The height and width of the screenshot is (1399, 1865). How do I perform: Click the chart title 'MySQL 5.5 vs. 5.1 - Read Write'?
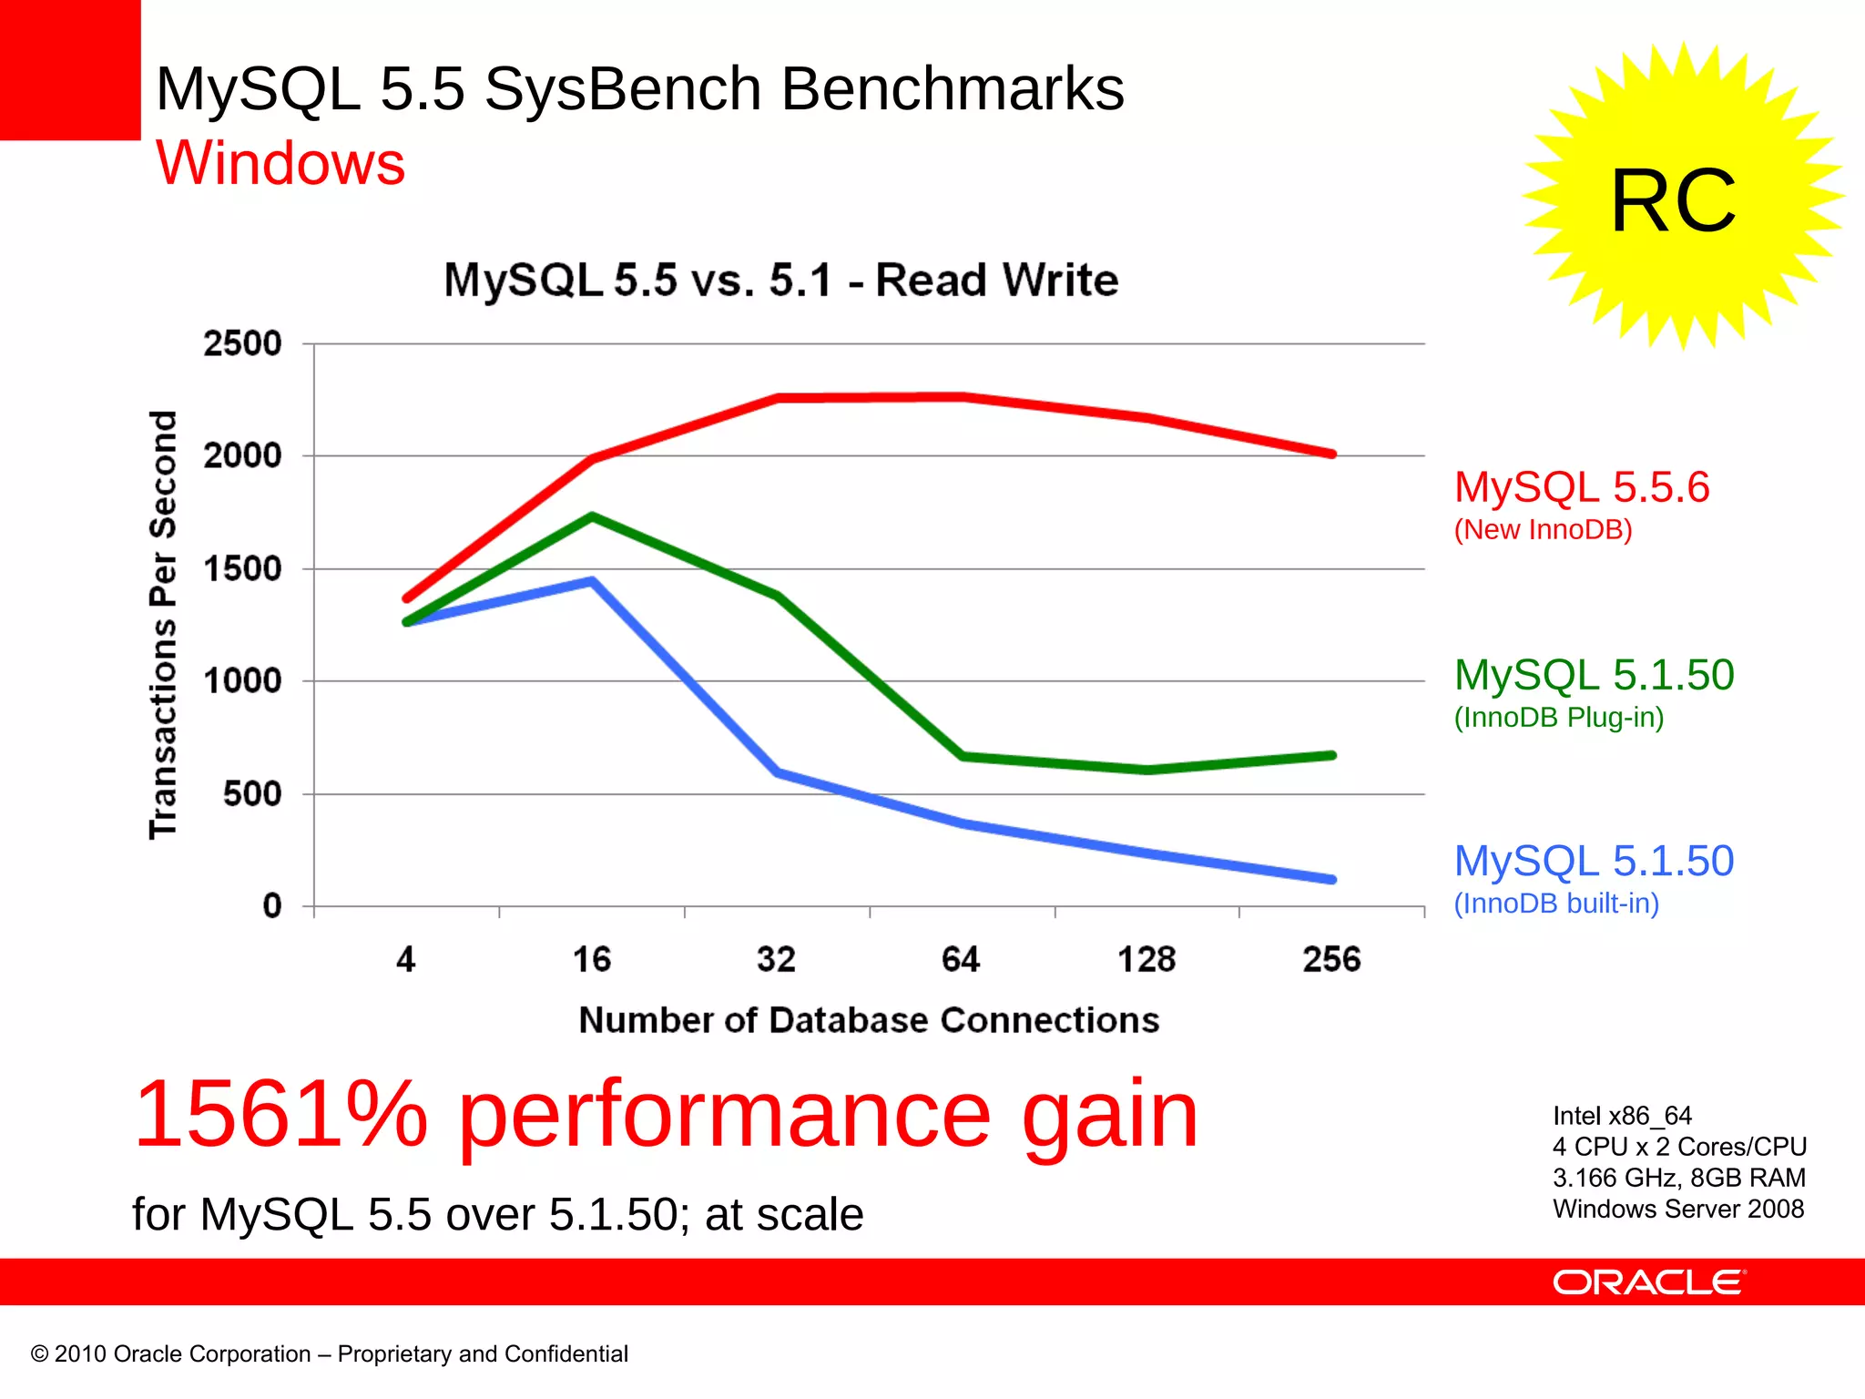click(780, 280)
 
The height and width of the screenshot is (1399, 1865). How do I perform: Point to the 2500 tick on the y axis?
click(242, 344)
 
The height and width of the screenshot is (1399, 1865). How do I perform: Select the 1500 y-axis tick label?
click(242, 569)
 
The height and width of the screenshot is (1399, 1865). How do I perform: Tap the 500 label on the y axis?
click(252, 794)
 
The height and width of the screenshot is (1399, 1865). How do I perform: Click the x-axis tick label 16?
click(592, 959)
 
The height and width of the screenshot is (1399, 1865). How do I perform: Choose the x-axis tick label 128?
click(1147, 959)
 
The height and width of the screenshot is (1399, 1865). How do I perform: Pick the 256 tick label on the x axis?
click(1331, 959)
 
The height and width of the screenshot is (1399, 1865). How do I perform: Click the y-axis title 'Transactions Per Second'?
click(163, 625)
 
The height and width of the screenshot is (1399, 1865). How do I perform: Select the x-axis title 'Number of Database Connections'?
click(869, 1020)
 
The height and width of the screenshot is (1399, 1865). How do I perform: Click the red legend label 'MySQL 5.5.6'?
click(1582, 487)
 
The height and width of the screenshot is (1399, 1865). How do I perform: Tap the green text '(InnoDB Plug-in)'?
click(1559, 718)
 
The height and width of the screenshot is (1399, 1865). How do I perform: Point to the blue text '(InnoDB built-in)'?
click(1556, 904)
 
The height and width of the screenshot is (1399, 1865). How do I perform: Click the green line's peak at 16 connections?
click(592, 516)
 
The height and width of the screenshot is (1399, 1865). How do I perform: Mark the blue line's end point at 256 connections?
click(1332, 880)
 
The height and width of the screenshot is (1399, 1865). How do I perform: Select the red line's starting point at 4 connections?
click(407, 598)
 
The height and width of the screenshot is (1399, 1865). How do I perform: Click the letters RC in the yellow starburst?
click(1673, 200)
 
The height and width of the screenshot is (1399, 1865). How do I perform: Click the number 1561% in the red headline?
click(280, 1114)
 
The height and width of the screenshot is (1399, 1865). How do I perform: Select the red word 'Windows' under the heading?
click(280, 163)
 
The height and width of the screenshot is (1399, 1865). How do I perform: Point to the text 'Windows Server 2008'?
click(1678, 1209)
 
